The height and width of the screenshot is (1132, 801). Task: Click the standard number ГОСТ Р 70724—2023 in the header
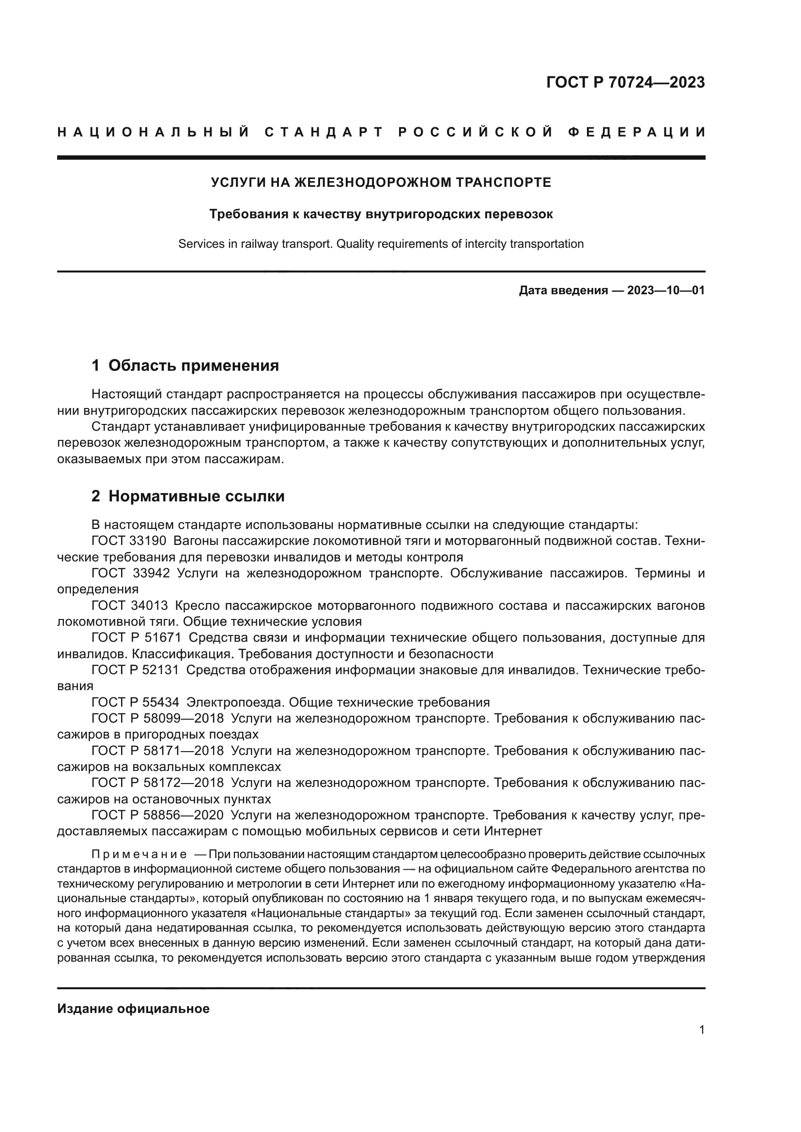tap(625, 83)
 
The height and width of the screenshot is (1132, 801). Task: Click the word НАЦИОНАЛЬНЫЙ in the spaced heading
tap(154, 132)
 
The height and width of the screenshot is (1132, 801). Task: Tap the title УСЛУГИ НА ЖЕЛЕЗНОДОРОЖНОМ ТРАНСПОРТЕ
tap(381, 182)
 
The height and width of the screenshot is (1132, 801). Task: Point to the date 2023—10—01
tap(666, 290)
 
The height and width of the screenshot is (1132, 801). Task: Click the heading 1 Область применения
tap(185, 365)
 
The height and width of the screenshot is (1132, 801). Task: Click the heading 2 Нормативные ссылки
tap(188, 496)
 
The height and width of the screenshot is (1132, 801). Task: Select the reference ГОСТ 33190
tap(129, 541)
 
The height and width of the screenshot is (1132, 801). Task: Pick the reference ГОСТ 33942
tap(131, 573)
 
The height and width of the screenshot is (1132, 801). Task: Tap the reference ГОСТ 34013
tap(130, 605)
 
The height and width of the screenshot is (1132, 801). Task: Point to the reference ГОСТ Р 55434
tap(136, 702)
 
